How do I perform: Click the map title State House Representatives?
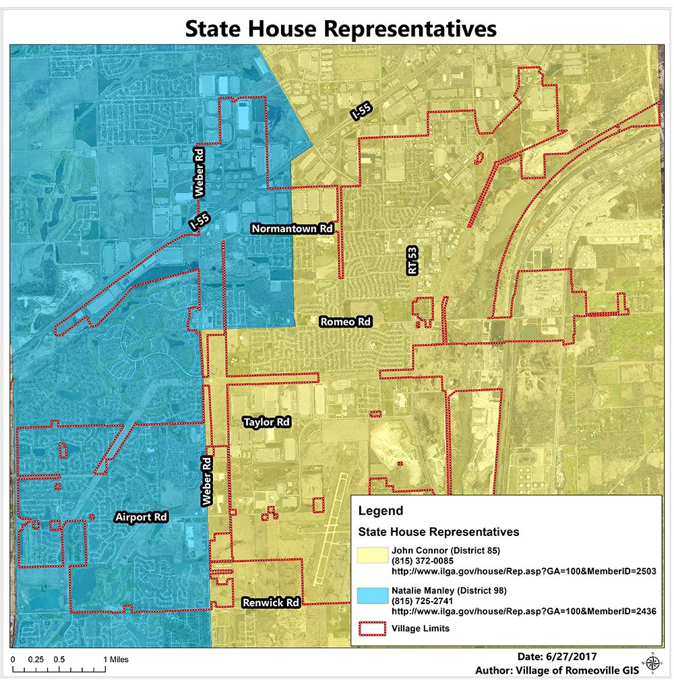pyautogui.click(x=340, y=28)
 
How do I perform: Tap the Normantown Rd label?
pyautogui.click(x=293, y=229)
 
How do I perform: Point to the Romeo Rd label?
pyautogui.click(x=345, y=322)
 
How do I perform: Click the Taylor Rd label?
pyautogui.click(x=266, y=422)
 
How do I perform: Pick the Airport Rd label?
pyautogui.click(x=140, y=518)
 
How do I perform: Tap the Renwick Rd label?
pyautogui.click(x=271, y=601)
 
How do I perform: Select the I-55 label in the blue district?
pyautogui.click(x=196, y=222)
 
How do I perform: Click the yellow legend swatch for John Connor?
pyautogui.click(x=372, y=557)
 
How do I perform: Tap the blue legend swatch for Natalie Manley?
pyautogui.click(x=372, y=596)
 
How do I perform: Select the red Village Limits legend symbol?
pyautogui.click(x=372, y=628)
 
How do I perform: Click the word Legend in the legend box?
pyautogui.click(x=381, y=511)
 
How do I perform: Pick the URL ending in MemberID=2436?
pyautogui.click(x=524, y=612)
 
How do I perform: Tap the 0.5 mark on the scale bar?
pyautogui.click(x=59, y=659)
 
